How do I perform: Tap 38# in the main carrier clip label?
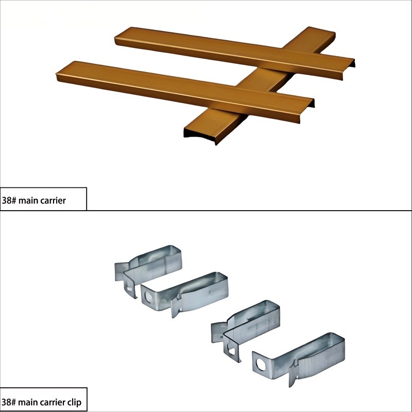click(9, 402)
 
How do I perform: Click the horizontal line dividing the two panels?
click(206, 211)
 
